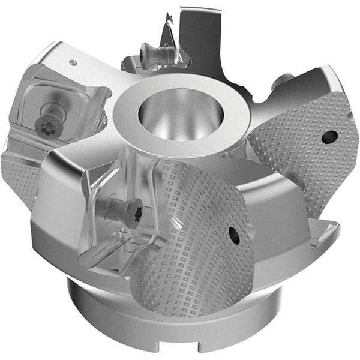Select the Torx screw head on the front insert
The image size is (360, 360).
(120, 211)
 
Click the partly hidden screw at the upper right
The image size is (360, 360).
(284, 82)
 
